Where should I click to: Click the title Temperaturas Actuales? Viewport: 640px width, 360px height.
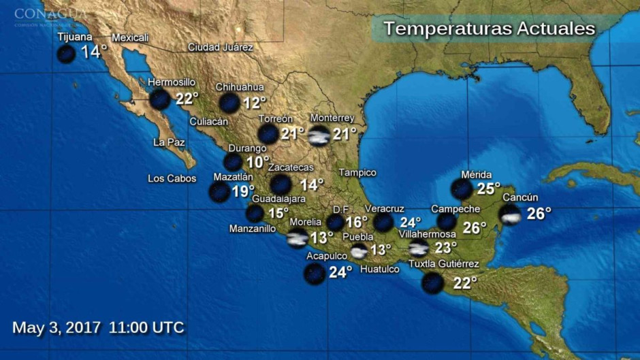[489, 29]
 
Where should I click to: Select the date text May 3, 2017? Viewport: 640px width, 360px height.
[57, 327]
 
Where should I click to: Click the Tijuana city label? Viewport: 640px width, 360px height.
[75, 37]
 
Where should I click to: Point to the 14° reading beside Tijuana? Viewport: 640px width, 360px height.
[94, 52]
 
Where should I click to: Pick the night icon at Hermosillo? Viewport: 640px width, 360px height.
[160, 99]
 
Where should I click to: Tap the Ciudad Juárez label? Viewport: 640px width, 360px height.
[220, 48]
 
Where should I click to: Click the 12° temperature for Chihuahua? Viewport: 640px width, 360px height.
[255, 103]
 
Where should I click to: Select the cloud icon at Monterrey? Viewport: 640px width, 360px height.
[319, 135]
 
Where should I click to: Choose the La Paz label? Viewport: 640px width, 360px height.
[169, 142]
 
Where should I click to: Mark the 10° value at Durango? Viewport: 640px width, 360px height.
[257, 162]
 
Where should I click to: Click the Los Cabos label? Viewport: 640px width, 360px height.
[172, 178]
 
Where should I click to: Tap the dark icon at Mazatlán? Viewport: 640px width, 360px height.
[219, 192]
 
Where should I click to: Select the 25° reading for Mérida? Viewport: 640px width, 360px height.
[488, 189]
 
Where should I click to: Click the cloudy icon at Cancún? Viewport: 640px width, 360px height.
[511, 215]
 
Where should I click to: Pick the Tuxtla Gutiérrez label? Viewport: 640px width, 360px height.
[444, 264]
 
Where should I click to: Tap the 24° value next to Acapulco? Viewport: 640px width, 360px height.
[340, 273]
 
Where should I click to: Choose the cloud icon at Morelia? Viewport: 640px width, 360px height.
[298, 238]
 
